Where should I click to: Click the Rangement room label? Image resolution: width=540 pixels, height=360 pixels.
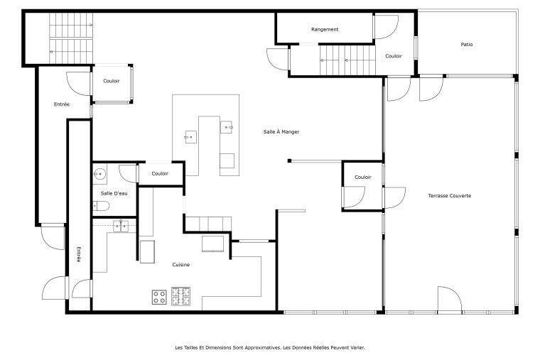325,30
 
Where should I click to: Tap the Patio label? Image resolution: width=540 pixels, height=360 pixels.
467,45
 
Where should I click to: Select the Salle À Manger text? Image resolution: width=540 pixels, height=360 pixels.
281,131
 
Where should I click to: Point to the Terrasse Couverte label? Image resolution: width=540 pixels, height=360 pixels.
450,195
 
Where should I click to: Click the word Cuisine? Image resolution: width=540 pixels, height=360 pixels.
180,265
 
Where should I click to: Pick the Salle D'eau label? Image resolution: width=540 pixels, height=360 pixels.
114,193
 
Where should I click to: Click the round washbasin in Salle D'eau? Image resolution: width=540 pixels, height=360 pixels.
99,174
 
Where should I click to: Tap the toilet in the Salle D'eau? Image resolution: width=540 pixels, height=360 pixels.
101,206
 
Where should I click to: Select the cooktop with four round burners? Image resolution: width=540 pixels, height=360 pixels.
159,297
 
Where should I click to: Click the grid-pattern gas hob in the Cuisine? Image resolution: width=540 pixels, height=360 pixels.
180,296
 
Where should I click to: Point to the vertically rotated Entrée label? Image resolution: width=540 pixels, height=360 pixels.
79,254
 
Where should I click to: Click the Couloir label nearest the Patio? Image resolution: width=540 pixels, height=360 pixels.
394,56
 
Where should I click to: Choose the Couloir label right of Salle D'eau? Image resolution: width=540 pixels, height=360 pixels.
160,173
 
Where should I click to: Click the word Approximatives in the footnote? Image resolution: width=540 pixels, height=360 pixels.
262,348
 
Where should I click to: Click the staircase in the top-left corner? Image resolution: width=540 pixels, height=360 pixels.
71,38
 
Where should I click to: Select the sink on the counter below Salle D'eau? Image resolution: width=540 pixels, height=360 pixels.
121,226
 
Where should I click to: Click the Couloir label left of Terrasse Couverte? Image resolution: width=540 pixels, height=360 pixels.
363,177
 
